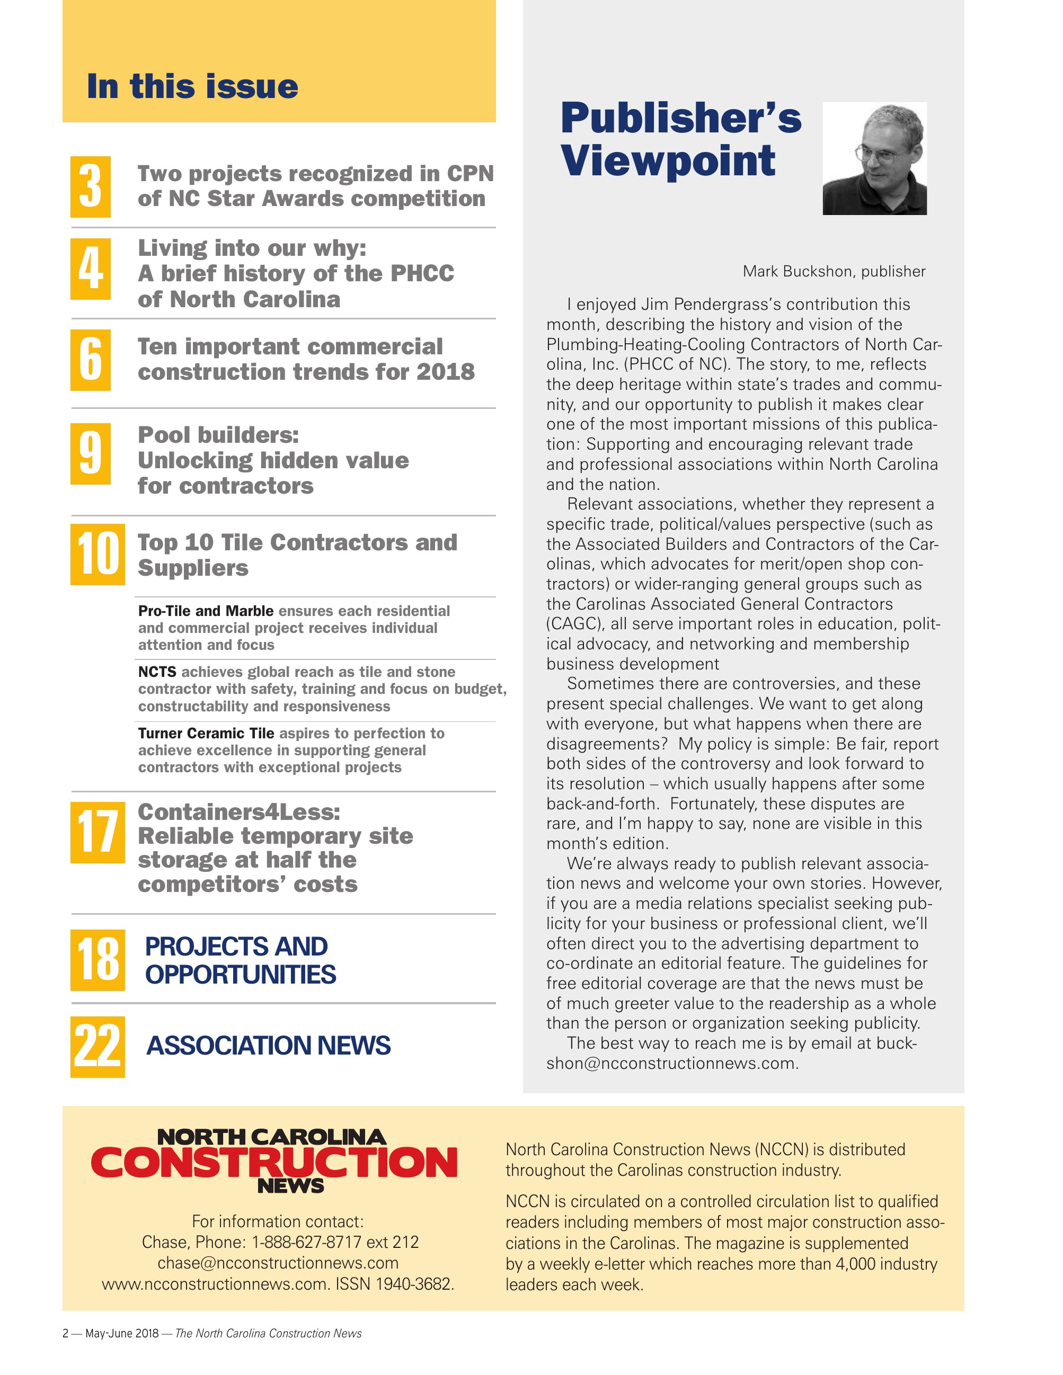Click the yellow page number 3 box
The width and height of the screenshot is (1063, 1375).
point(91,187)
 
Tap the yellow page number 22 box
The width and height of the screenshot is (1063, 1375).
point(98,1047)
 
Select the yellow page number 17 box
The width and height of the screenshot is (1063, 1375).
point(98,832)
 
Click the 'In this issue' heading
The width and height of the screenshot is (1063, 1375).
point(192,86)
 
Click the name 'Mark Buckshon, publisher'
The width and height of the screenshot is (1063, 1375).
point(834,271)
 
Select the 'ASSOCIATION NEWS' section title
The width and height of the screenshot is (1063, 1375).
point(268,1046)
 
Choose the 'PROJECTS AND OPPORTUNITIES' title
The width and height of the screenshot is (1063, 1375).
point(240,960)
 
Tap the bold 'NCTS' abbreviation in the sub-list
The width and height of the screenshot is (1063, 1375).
point(157,672)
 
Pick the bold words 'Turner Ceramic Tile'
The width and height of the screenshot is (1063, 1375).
point(206,734)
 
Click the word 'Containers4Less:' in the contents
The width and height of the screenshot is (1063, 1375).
point(238,812)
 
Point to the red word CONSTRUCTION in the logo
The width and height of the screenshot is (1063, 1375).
point(274,1162)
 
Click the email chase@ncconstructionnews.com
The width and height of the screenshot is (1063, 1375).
point(278,1263)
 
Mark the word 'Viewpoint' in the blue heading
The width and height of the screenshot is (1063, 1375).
point(668,160)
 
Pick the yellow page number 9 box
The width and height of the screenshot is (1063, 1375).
point(91,453)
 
